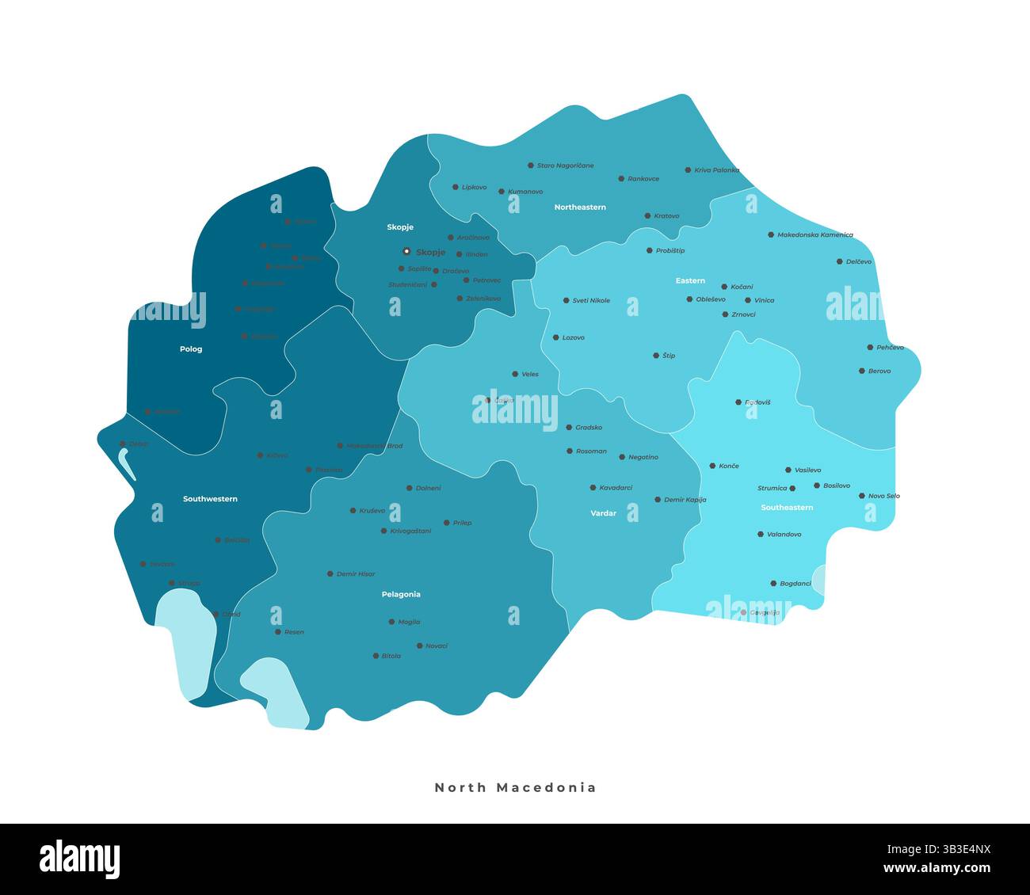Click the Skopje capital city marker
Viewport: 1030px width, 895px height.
pos(406,251)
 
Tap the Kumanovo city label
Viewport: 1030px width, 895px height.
pos(525,192)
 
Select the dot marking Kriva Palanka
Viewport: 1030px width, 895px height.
pos(688,170)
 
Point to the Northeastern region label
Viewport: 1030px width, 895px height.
pos(580,208)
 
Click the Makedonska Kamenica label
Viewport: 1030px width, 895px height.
pos(815,235)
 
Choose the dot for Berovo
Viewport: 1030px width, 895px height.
pos(862,371)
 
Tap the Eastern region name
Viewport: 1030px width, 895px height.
pos(690,281)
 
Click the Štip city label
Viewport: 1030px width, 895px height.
pos(669,356)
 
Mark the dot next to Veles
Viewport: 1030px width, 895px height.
pos(515,374)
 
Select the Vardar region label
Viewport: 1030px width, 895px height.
pos(603,513)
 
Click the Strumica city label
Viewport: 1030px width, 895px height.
pos(772,489)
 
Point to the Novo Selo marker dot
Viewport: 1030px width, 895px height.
pos(862,496)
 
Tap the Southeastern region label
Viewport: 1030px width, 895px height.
pos(787,508)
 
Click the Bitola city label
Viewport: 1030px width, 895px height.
pos(391,656)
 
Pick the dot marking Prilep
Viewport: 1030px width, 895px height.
pos(447,523)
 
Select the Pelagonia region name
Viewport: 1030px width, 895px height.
pos(401,594)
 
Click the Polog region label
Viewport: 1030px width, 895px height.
pos(191,349)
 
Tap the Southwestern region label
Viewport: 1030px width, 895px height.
pos(210,499)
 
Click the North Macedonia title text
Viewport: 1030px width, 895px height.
pos(515,787)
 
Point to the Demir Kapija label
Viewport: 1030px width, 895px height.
pos(685,500)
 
